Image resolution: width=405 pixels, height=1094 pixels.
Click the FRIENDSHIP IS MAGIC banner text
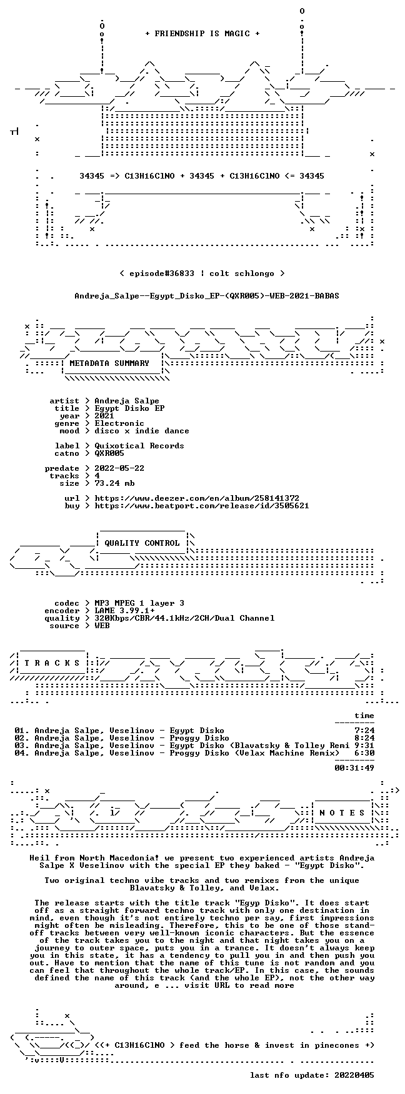point(202,34)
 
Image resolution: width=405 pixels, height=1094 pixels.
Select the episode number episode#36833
point(157,273)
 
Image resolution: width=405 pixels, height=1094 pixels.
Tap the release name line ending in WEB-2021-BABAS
point(207,296)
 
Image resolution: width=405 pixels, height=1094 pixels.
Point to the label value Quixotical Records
point(139,446)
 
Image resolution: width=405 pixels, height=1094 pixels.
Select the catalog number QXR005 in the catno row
point(109,453)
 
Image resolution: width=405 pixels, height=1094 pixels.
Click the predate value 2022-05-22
point(119,468)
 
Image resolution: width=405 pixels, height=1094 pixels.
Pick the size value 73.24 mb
point(114,483)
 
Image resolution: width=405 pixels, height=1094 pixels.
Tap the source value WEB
point(102,626)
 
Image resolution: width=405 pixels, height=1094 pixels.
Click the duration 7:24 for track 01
point(364,731)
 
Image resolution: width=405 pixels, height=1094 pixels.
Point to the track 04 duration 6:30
point(364,753)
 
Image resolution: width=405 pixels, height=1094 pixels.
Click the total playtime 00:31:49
point(354,768)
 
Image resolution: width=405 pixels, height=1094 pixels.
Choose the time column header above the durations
point(364,716)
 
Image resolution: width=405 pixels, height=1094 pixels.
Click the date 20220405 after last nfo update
point(354,1075)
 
